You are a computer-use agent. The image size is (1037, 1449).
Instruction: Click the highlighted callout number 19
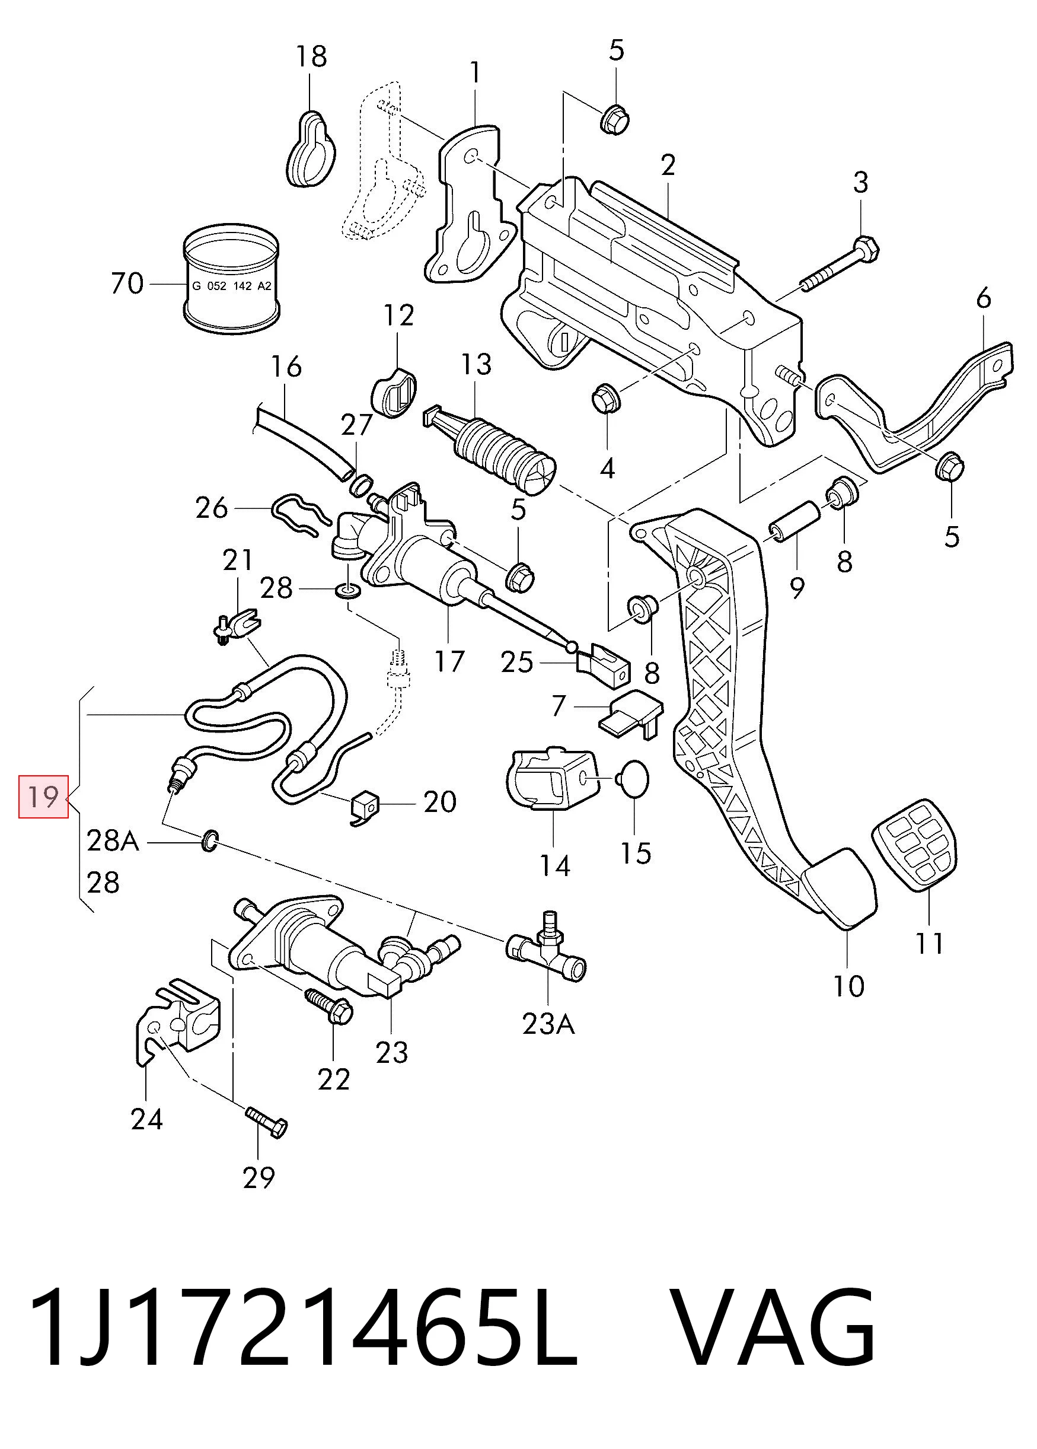click(x=43, y=797)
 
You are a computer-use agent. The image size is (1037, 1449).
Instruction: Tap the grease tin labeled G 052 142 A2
click(x=232, y=279)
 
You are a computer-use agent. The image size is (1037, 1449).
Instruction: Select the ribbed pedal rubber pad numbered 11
click(x=914, y=843)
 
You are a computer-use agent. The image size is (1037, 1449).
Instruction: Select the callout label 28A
click(x=113, y=842)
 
